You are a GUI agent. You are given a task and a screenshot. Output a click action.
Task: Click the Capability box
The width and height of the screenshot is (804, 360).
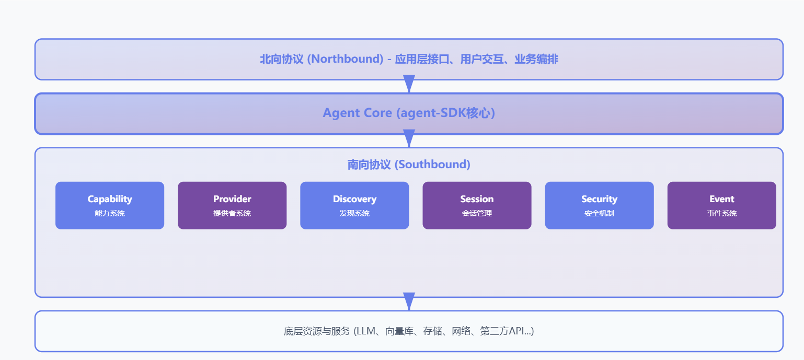[110, 205]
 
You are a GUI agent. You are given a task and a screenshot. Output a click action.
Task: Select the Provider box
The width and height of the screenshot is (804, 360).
[232, 205]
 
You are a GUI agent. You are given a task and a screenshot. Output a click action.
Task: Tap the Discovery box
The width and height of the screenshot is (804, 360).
[354, 205]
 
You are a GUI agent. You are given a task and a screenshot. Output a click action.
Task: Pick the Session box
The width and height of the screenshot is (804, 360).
[477, 205]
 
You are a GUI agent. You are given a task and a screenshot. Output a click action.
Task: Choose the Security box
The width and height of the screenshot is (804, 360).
[599, 205]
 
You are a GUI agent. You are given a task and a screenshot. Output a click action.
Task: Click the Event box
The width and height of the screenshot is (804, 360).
[721, 205]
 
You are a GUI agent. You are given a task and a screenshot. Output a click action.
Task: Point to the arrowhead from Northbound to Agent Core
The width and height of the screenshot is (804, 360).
[409, 84]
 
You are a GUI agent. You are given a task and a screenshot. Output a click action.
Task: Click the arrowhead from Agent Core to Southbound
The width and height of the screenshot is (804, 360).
[409, 138]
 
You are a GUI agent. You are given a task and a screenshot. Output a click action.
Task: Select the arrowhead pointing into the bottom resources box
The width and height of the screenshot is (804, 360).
[409, 301]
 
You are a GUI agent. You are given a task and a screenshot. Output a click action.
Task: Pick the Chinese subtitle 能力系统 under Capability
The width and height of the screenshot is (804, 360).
[110, 213]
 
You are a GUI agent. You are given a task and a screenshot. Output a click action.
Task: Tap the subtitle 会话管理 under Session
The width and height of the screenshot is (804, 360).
[477, 213]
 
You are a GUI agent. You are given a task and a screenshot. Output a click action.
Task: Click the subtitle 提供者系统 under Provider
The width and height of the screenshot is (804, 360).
[232, 213]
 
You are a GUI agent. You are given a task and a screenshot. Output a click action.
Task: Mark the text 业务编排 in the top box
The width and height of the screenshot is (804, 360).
[536, 59]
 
